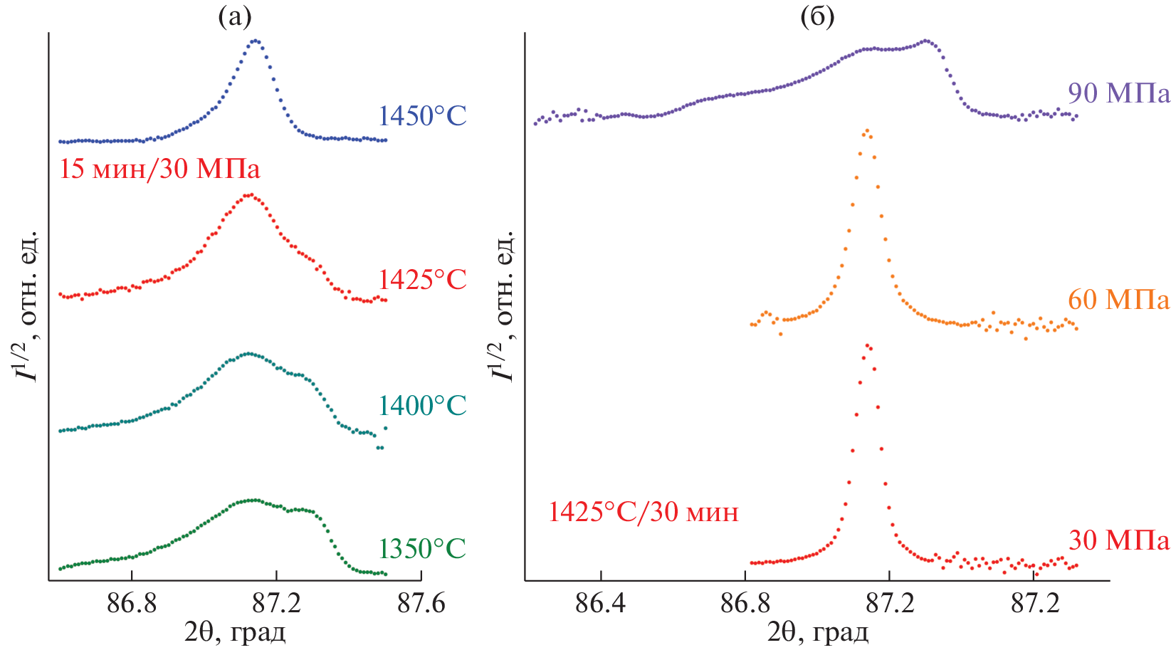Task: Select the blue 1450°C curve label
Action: tap(421, 115)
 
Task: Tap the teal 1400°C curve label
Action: tap(421, 406)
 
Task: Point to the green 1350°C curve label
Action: tap(421, 549)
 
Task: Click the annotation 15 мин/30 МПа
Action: tap(159, 169)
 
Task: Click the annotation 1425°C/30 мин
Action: tap(644, 512)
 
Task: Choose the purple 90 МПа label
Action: tap(1118, 93)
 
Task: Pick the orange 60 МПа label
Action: tap(1118, 300)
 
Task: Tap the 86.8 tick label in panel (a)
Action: tap(132, 604)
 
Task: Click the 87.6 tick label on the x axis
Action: tap(421, 604)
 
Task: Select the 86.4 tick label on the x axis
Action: tap(601, 604)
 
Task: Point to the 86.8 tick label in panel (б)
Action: tap(745, 604)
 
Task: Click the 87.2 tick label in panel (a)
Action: tap(276, 604)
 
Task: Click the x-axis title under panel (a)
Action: tap(236, 631)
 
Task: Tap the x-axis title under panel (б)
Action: tap(817, 631)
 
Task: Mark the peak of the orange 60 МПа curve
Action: tap(866, 130)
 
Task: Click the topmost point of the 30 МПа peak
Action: tap(867, 345)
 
